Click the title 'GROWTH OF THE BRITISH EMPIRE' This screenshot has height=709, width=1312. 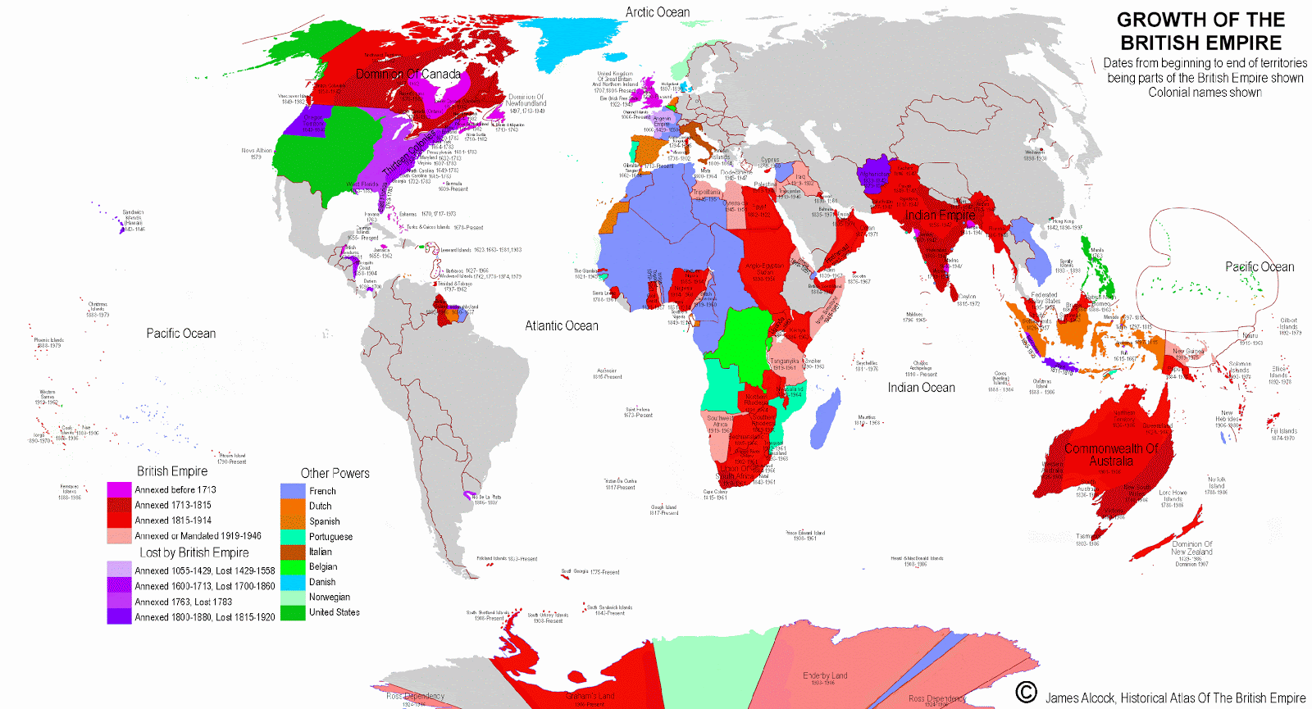pyautogui.click(x=1200, y=31)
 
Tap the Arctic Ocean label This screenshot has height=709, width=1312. pyautogui.click(x=658, y=12)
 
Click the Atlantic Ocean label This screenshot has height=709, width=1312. pyautogui.click(x=562, y=326)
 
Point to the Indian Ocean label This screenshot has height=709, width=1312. pyautogui.click(x=921, y=388)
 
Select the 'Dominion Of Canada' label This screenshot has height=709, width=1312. pyautogui.click(x=408, y=75)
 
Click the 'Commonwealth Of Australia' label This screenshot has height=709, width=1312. pyautogui.click(x=1111, y=455)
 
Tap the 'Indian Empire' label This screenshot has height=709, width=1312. pyautogui.click(x=940, y=216)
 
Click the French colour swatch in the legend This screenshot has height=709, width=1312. pyautogui.click(x=293, y=491)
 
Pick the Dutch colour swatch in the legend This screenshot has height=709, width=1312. pyautogui.click(x=293, y=507)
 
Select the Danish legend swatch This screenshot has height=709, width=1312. pyautogui.click(x=293, y=582)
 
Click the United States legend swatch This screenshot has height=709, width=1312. pyautogui.click(x=293, y=612)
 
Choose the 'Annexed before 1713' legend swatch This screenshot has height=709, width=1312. pyautogui.click(x=119, y=490)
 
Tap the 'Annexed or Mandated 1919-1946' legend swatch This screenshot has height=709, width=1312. pyautogui.click(x=119, y=536)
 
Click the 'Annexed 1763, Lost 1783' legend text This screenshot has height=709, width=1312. pyautogui.click(x=183, y=602)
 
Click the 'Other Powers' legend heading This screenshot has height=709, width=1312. pyautogui.click(x=335, y=474)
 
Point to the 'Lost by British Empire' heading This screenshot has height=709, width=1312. pyautogui.click(x=194, y=553)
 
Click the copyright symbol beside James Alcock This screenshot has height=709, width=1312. pyautogui.click(x=1026, y=693)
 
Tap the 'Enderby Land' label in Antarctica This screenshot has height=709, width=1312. pyautogui.click(x=825, y=676)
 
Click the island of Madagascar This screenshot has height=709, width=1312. pyautogui.click(x=825, y=416)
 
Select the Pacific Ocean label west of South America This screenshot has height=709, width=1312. pyautogui.click(x=181, y=334)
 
